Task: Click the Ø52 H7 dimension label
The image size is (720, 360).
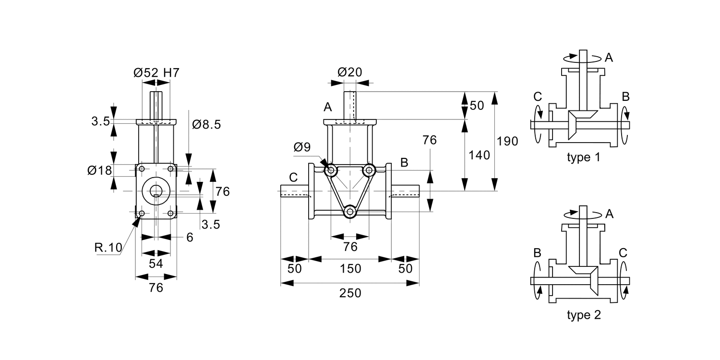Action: [x=156, y=73]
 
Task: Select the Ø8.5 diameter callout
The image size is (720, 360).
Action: [x=206, y=125]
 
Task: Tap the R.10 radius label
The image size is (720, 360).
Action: [x=108, y=248]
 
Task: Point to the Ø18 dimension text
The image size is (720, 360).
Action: [x=99, y=170]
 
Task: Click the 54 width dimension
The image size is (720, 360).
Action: [x=156, y=264]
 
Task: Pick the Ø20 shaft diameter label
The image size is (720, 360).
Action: [x=350, y=72]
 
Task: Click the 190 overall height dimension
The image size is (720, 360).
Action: [x=507, y=141]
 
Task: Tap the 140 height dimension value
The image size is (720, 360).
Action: [x=479, y=155]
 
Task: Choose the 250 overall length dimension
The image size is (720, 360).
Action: [x=350, y=293]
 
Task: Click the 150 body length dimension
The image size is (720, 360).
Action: [x=350, y=269]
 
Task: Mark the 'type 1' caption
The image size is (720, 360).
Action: [x=583, y=157]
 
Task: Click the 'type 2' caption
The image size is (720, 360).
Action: [x=583, y=315]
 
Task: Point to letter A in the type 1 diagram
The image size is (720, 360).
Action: [x=609, y=58]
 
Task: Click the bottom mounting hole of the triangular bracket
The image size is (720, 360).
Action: [x=350, y=211]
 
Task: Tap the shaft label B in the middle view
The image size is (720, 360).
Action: [x=404, y=162]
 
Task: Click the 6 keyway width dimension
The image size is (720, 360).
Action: [x=190, y=237]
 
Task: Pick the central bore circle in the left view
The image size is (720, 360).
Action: [x=156, y=191]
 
